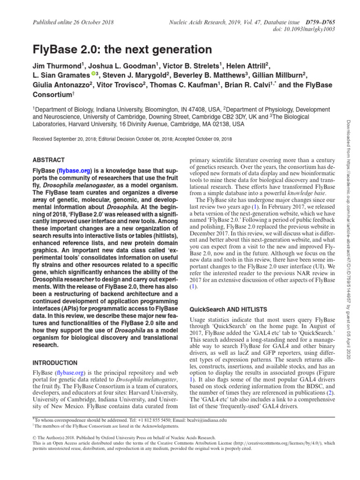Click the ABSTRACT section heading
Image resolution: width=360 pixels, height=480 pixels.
(48, 160)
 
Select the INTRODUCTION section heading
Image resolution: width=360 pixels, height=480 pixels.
(54, 363)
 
